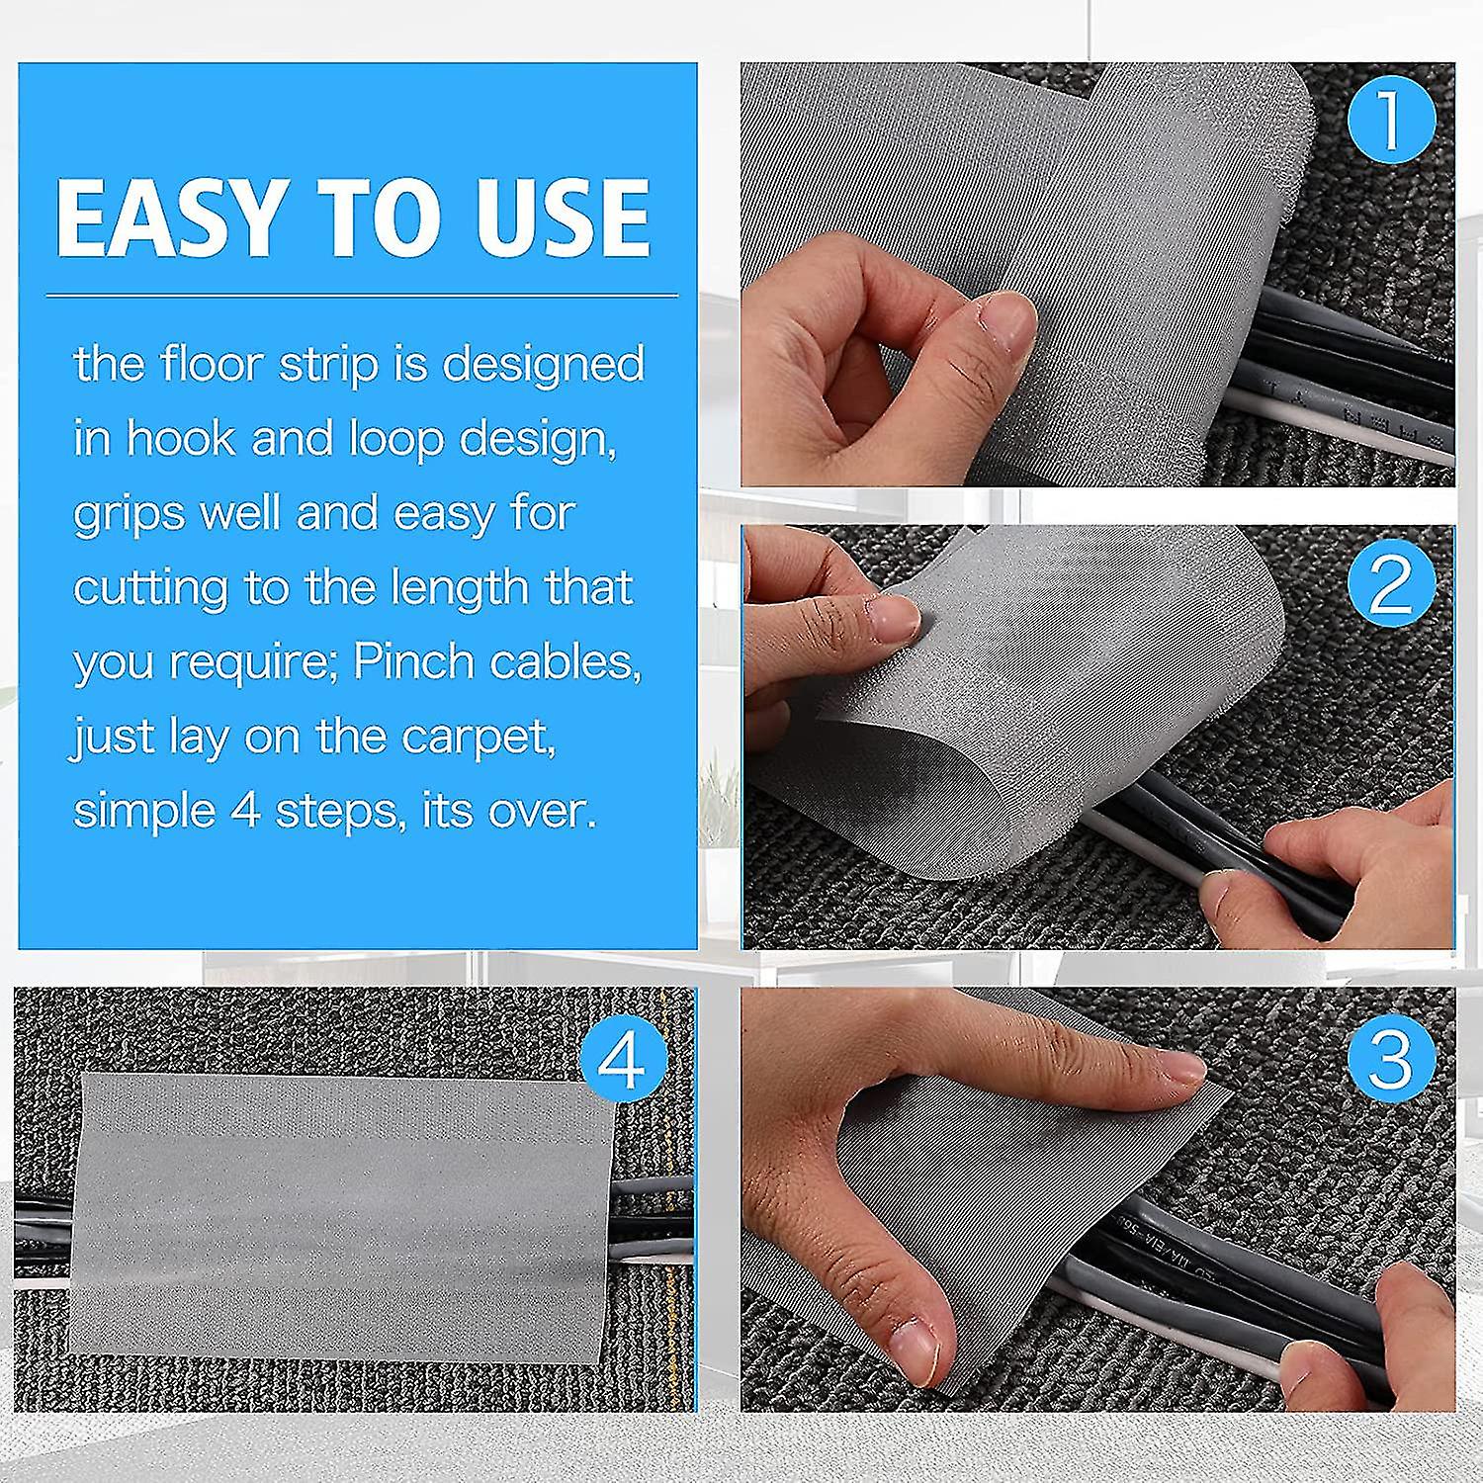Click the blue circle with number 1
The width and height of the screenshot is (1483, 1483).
tap(1391, 120)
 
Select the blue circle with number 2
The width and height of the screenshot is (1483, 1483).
tap(1391, 583)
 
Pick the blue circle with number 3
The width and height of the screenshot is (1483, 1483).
tap(1391, 1056)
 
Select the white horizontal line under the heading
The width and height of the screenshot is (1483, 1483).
tap(362, 295)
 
